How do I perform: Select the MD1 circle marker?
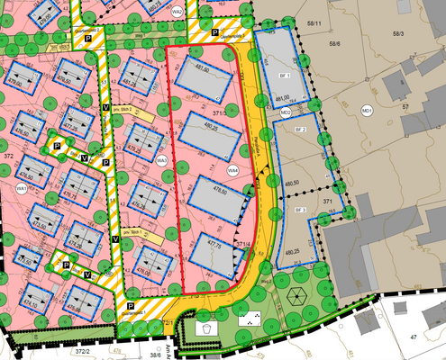coord(367,110)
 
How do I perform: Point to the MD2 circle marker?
coord(285,112)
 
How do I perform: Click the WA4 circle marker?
coord(232,169)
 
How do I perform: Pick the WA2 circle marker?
coord(177,12)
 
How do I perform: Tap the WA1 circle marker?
coord(21,188)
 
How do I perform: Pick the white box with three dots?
coord(245,319)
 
